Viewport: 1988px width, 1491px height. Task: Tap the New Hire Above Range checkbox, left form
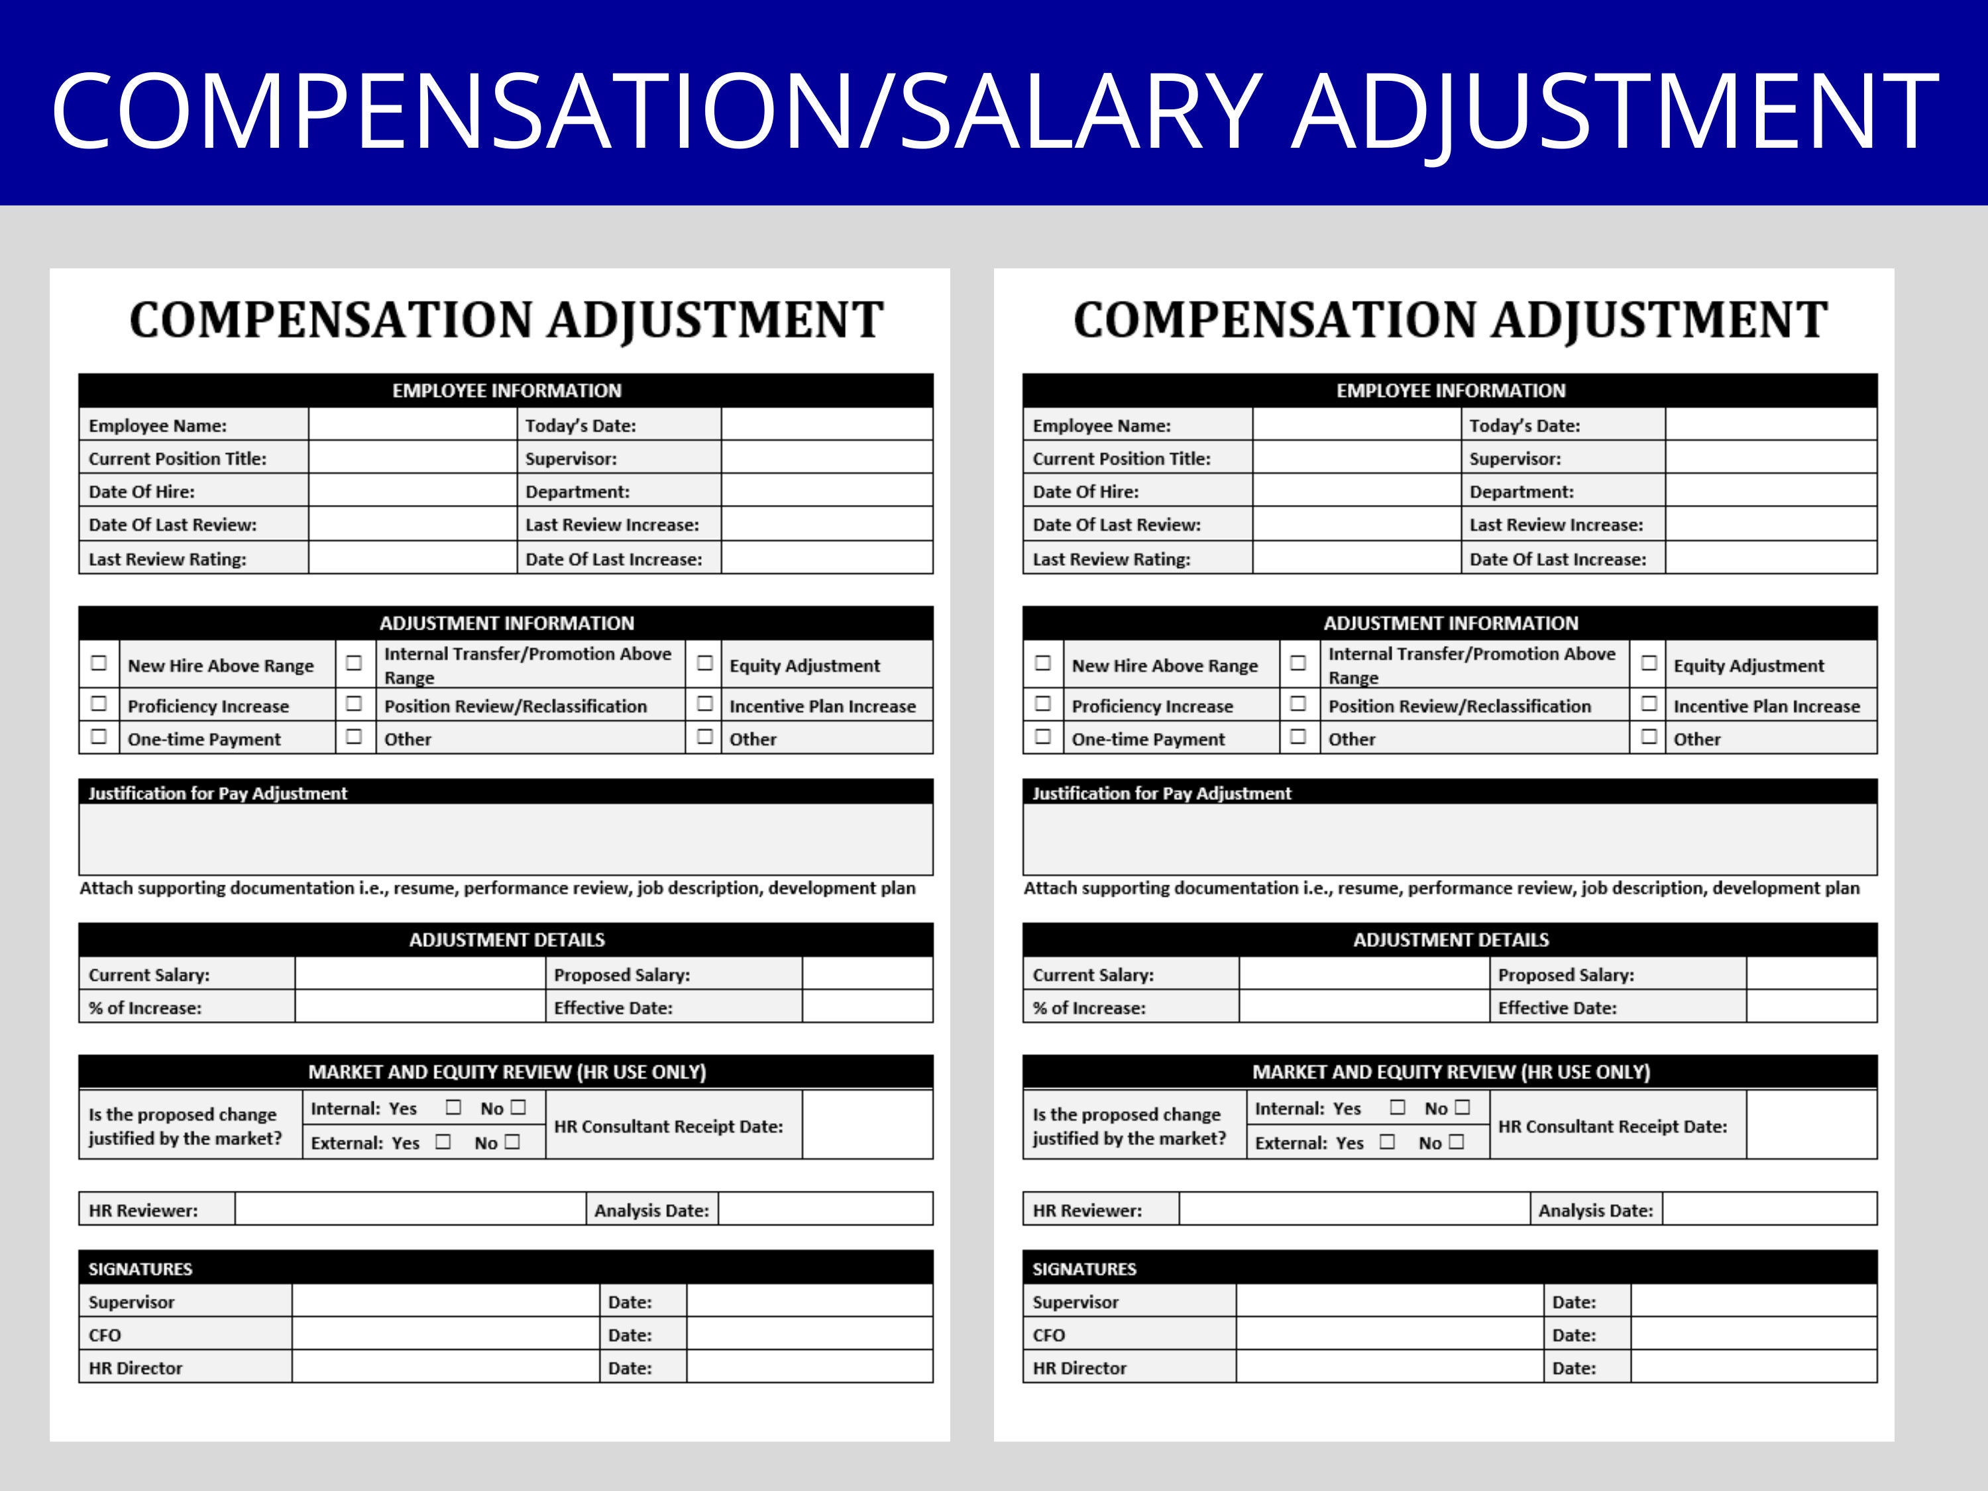(99, 663)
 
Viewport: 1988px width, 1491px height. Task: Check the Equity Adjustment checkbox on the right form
(1648, 663)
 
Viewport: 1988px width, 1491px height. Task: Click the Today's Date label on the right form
(1524, 426)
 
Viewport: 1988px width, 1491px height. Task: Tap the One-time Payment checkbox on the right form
(1042, 737)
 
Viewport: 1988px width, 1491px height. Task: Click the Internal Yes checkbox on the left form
(453, 1107)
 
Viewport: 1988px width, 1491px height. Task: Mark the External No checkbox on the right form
(1457, 1141)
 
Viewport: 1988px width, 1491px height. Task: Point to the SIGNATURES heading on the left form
(140, 1269)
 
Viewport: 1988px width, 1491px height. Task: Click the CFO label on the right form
(1049, 1335)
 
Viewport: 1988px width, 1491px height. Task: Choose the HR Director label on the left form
(135, 1368)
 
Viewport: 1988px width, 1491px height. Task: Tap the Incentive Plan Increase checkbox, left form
(704, 704)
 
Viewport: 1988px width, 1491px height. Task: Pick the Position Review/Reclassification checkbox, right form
(1298, 704)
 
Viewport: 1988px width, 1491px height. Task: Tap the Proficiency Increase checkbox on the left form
(99, 704)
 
